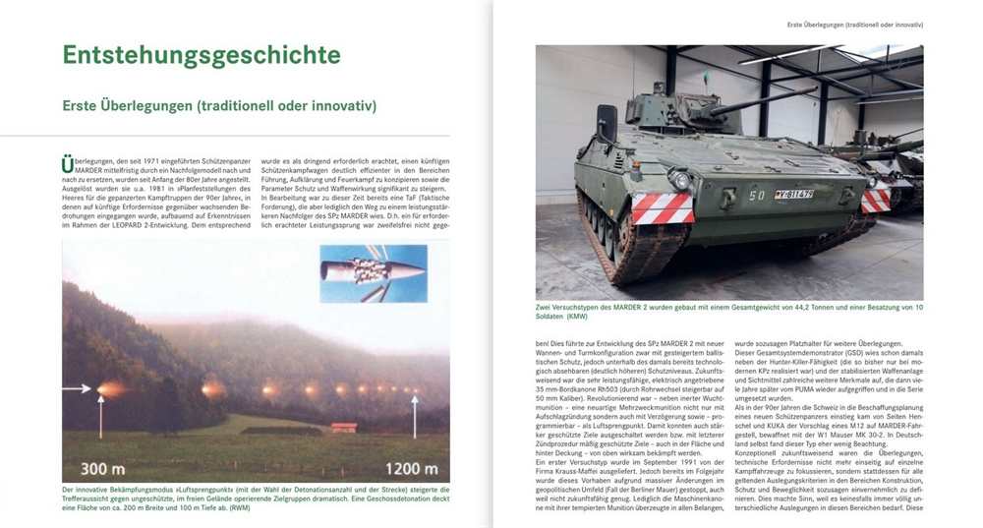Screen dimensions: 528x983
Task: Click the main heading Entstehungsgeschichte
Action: click(201, 55)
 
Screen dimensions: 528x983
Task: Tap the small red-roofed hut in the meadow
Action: click(344, 427)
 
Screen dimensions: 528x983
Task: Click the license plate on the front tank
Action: click(793, 194)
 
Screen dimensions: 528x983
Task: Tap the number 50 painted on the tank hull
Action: click(757, 195)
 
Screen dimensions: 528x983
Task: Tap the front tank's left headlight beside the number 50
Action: click(677, 180)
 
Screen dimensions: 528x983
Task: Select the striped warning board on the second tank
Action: click(876, 200)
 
